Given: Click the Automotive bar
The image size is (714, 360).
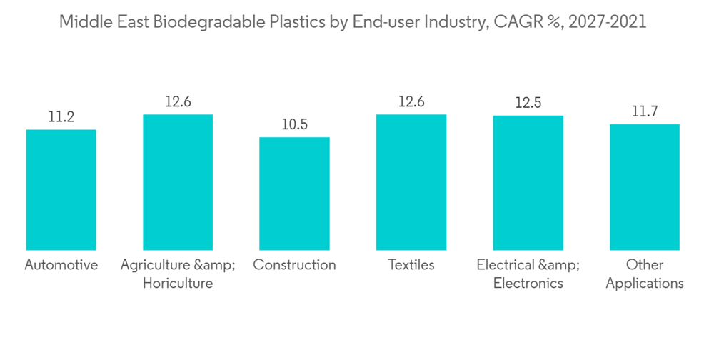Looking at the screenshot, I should (61, 189).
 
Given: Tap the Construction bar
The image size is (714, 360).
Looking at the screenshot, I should (294, 193).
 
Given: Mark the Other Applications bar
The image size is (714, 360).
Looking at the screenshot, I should (645, 186).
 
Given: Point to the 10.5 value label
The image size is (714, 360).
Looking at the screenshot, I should (294, 125).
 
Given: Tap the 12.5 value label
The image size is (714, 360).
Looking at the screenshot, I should (528, 103).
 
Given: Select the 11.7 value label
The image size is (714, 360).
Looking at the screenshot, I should (645, 111).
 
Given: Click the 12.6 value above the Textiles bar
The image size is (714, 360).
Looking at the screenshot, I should (411, 102).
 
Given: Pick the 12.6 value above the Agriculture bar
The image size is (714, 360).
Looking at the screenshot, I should (178, 102).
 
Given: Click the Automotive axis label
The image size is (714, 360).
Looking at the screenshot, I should (61, 265).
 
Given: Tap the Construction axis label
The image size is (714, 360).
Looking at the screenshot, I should (294, 265).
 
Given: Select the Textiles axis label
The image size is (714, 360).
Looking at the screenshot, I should (411, 265).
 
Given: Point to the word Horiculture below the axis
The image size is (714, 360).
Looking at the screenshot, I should (178, 284).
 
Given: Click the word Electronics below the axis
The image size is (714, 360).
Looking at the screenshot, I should (528, 284).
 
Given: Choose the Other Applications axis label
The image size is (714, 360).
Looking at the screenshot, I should (645, 274).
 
